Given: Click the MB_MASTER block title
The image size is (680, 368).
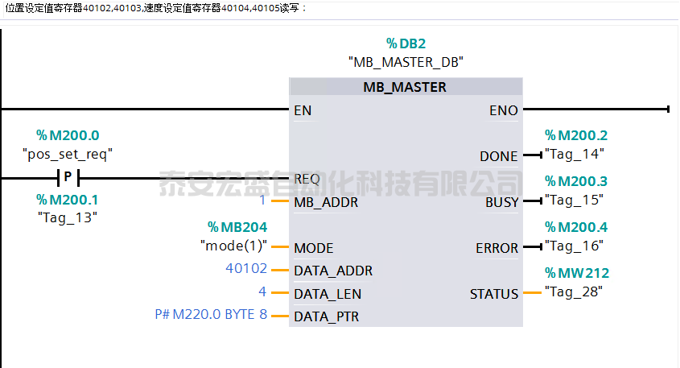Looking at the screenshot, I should tap(405, 87).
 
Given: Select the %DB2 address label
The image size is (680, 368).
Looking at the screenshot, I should tap(406, 43).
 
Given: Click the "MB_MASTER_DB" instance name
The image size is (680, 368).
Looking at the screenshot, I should tap(406, 61).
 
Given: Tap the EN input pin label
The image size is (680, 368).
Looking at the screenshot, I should tap(303, 110).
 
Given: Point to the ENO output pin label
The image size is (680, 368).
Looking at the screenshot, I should tap(504, 110).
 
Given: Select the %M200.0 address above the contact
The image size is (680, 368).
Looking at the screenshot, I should tap(68, 135).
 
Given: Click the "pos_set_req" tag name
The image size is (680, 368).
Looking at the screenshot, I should tap(68, 153).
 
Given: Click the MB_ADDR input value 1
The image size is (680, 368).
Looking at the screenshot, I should tap(262, 201).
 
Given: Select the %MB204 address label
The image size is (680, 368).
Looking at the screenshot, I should tap(237, 228).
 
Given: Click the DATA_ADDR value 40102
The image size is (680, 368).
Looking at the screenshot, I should tap(246, 269).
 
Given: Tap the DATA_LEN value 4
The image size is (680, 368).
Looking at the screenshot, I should tap(262, 293).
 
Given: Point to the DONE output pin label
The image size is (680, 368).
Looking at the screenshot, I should tap(499, 156).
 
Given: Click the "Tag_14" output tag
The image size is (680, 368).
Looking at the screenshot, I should tap(574, 153).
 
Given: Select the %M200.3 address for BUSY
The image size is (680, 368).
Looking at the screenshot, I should tap(576, 182).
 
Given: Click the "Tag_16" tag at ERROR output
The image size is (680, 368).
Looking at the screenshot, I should tap(574, 246).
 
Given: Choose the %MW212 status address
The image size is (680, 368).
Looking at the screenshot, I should tap(577, 273).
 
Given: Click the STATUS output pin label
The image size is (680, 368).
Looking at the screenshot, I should tap(494, 295).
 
